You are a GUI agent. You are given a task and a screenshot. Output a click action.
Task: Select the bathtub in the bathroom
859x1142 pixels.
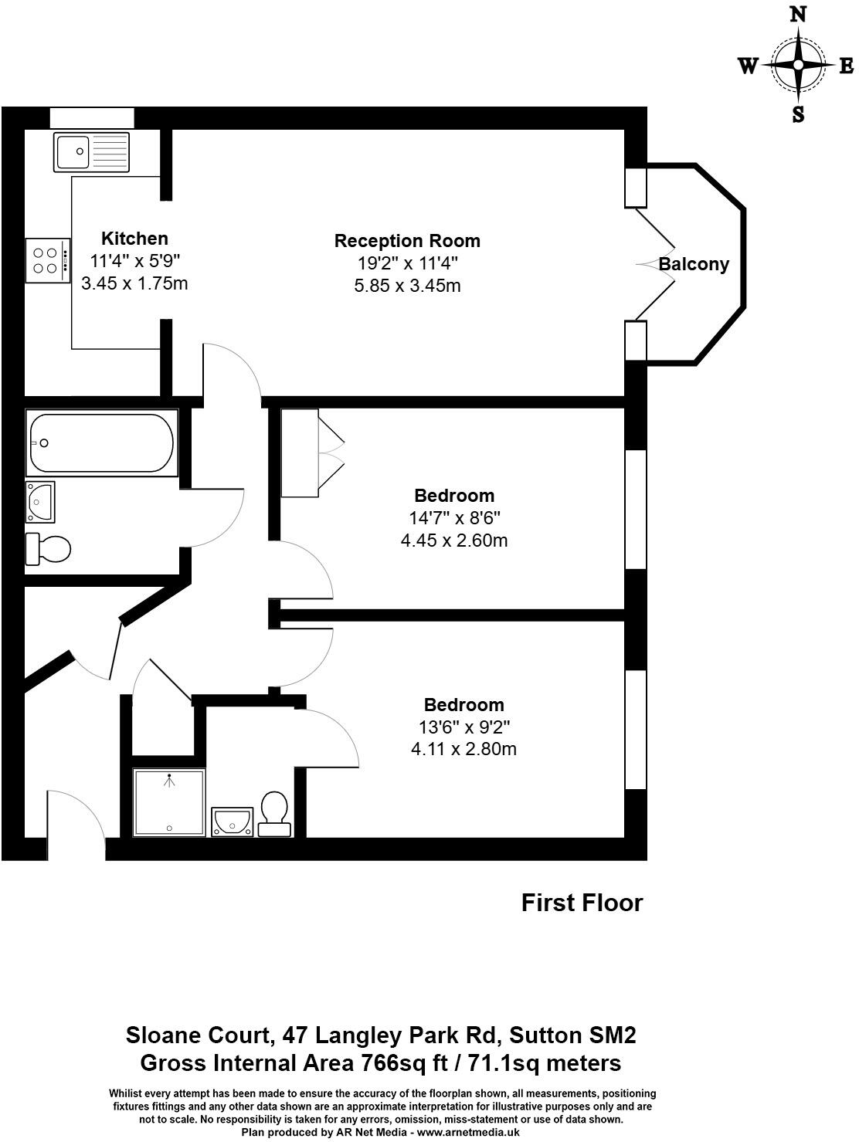101,443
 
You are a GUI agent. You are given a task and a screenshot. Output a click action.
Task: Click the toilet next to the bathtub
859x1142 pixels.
49,549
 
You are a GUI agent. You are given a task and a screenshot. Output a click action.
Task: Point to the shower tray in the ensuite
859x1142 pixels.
169,802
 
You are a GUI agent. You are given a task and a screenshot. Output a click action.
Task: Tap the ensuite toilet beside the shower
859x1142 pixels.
274,814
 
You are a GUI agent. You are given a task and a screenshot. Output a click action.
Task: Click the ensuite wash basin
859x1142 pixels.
233,820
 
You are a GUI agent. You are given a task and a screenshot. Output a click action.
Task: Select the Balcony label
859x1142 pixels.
693,264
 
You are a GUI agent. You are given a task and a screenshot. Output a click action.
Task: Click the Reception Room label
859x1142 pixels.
407,241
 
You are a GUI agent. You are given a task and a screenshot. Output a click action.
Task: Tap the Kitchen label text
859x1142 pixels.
134,239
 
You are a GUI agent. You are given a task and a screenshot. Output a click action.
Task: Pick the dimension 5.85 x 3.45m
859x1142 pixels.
407,286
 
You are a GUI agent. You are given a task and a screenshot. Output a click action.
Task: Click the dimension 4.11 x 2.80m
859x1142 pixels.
463,748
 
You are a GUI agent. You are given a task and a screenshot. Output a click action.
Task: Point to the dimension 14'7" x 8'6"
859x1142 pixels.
454,518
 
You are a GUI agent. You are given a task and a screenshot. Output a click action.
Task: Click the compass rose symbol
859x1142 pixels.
798,66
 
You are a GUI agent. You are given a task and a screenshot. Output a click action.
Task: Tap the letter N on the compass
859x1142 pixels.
798,15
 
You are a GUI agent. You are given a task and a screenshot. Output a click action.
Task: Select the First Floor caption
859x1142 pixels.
582,903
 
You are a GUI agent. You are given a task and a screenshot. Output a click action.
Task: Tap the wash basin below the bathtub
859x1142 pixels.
40,502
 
